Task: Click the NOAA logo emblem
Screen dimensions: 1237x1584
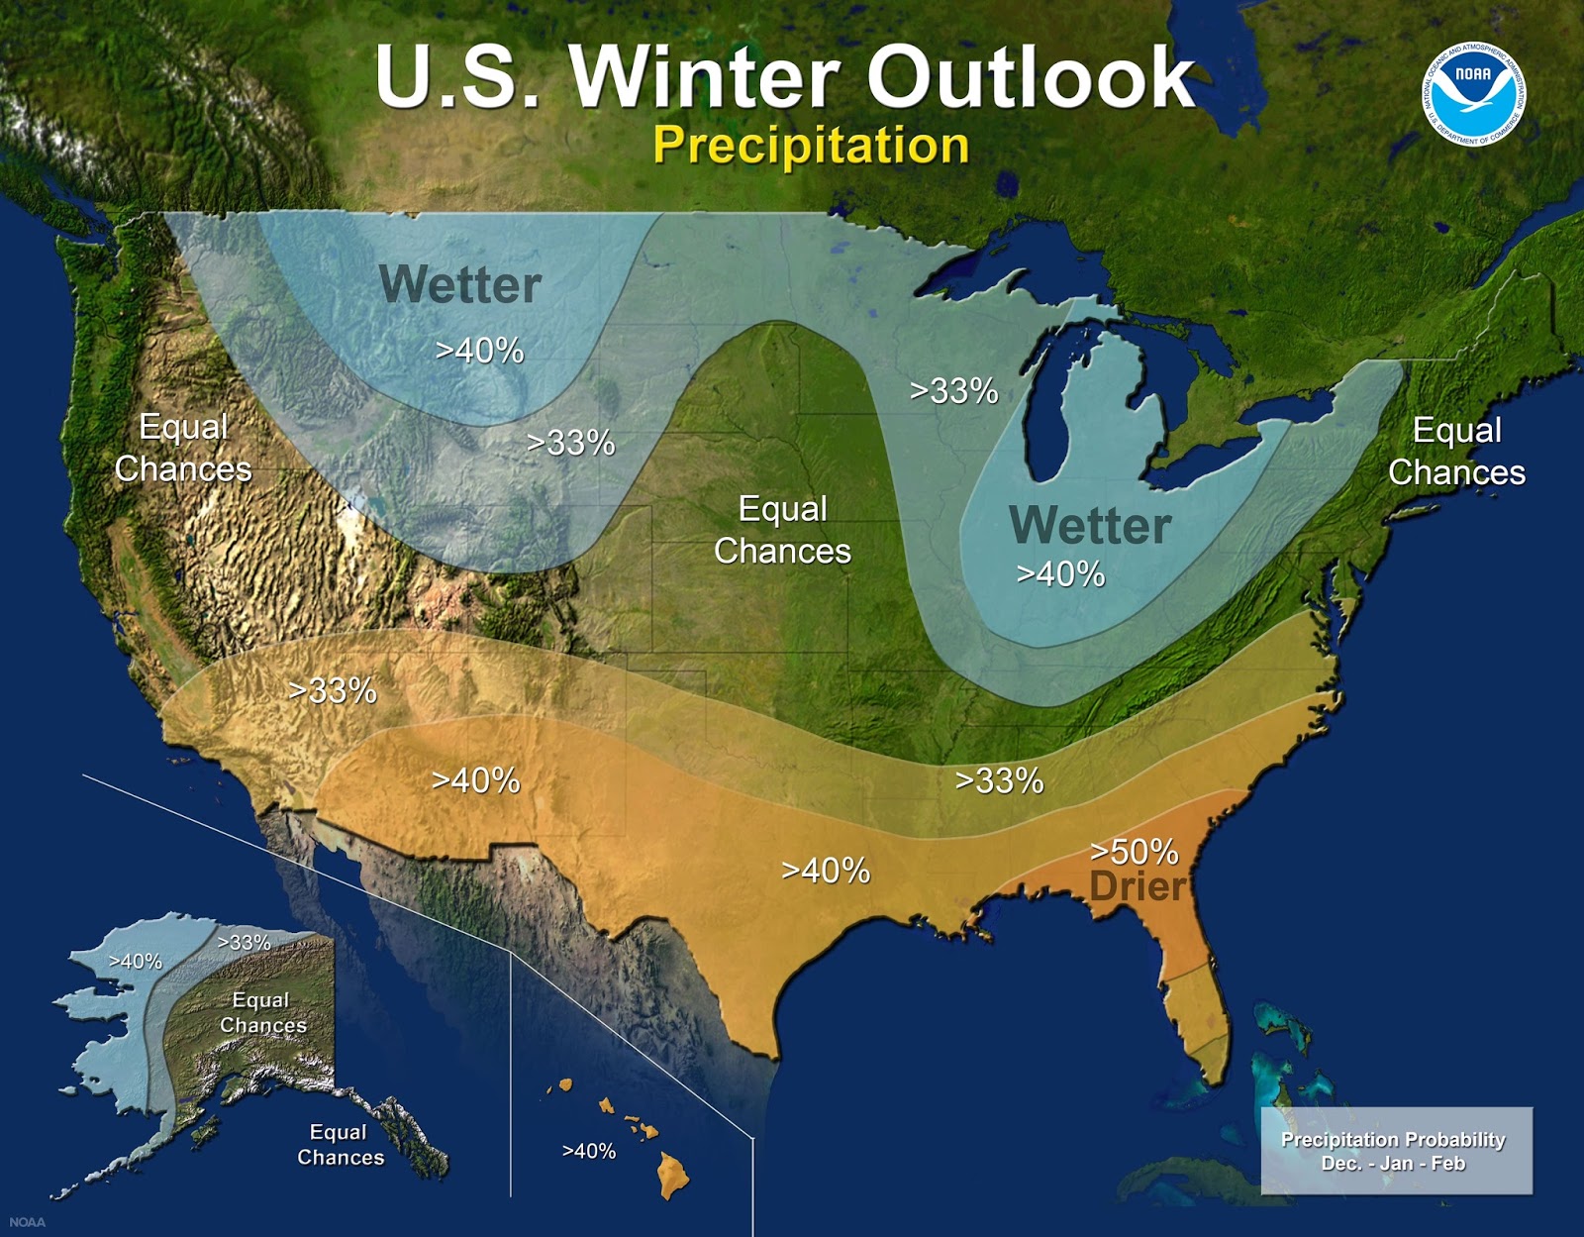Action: pos(1474,93)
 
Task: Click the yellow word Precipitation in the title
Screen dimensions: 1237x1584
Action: pos(810,146)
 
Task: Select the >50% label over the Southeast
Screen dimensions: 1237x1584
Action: pos(1134,852)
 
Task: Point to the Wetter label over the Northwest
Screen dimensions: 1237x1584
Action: pos(459,285)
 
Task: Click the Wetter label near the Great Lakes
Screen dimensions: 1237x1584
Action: pos(1089,526)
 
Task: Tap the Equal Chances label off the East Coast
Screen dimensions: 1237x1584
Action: pos(1456,452)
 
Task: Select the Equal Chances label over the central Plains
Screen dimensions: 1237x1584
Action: pos(782,530)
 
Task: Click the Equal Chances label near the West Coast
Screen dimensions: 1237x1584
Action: pos(183,448)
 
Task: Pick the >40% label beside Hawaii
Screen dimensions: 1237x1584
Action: pos(589,1151)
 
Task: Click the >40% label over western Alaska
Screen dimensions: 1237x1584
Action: pos(136,961)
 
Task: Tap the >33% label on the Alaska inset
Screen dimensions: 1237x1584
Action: pos(244,943)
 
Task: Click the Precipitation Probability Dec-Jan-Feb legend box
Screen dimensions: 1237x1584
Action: pos(1395,1151)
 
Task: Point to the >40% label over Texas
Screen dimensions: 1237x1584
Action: pos(826,871)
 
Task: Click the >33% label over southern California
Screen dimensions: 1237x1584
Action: pos(333,690)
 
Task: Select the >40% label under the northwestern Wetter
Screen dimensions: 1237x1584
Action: pos(480,351)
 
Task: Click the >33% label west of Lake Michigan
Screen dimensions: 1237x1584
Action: pos(953,391)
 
